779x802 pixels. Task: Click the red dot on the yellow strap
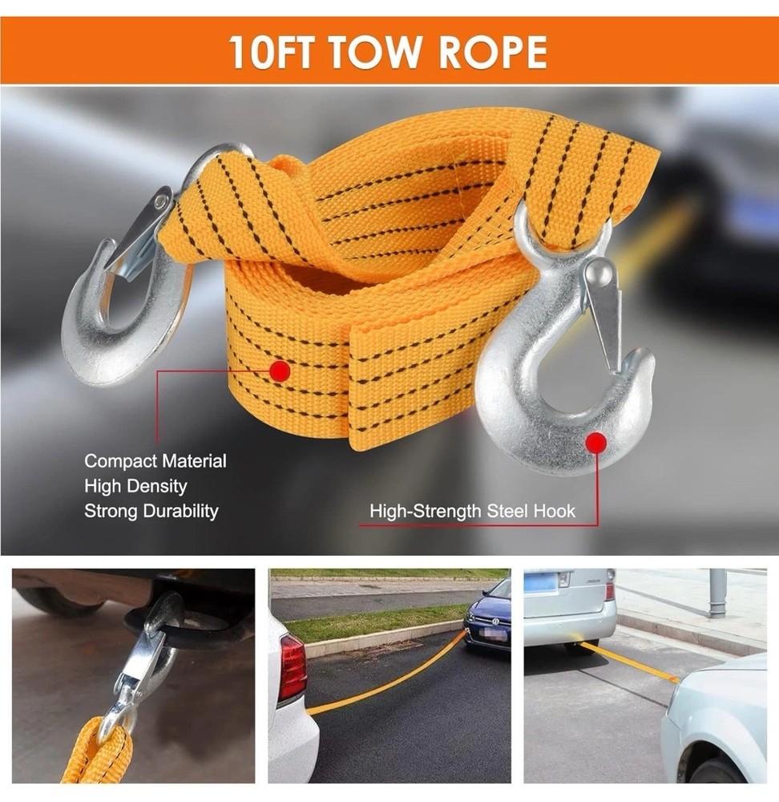pyautogui.click(x=280, y=371)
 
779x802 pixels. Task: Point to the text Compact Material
pyautogui.click(x=155, y=461)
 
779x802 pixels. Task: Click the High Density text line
pyautogui.click(x=135, y=486)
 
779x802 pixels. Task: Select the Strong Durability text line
pyautogui.click(x=151, y=511)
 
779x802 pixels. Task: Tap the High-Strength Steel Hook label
pyautogui.click(x=472, y=511)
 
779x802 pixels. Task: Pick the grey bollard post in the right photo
pyautogui.click(x=717, y=593)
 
